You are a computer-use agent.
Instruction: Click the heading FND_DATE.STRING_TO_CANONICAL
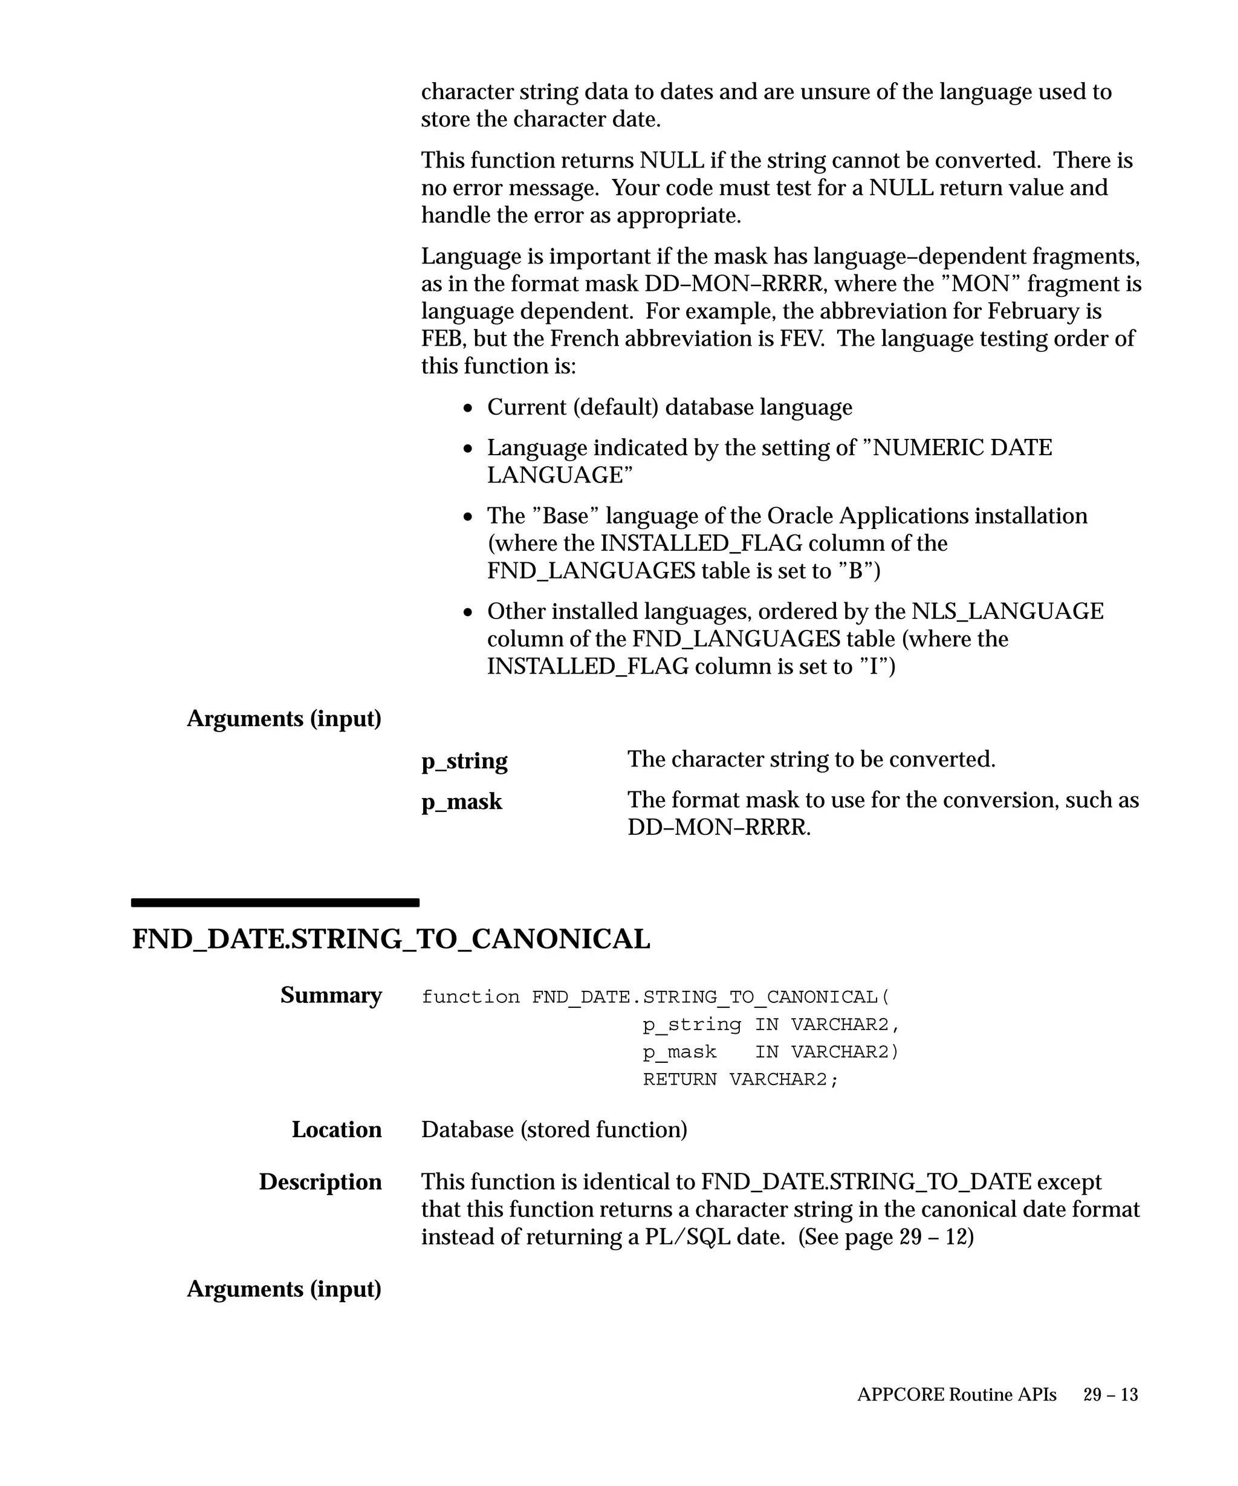[x=391, y=939]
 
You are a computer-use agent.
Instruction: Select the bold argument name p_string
[x=464, y=761]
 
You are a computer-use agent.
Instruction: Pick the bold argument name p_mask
[x=461, y=802]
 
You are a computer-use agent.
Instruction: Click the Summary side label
[x=331, y=995]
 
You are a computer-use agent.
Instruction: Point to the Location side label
[x=336, y=1129]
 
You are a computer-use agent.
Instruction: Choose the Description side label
[x=320, y=1182]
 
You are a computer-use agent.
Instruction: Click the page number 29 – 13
[x=1110, y=1394]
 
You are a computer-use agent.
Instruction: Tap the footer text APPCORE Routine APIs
[x=956, y=1394]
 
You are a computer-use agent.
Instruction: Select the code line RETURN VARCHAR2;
[x=740, y=1079]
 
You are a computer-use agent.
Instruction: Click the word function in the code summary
[x=470, y=997]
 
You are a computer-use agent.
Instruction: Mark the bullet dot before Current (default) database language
[x=468, y=408]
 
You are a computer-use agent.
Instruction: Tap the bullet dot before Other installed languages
[x=468, y=612]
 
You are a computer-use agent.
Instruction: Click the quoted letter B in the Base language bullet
[x=855, y=570]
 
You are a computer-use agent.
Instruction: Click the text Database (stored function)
[x=554, y=1129]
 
